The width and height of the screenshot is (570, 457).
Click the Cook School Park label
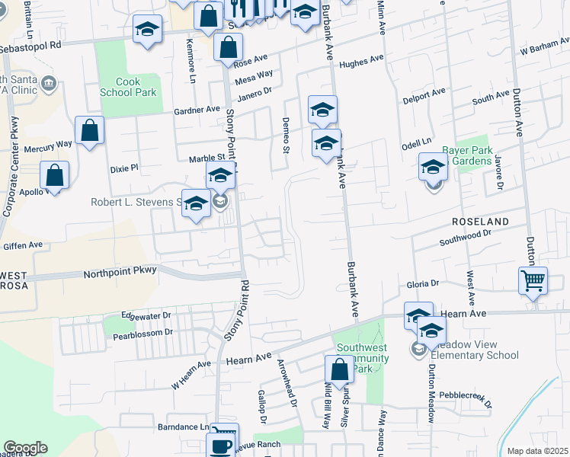click(x=127, y=87)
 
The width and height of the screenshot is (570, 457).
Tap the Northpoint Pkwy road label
click(x=120, y=270)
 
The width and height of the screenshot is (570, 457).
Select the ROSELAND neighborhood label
click(x=479, y=221)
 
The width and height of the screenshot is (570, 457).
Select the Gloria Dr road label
click(x=424, y=283)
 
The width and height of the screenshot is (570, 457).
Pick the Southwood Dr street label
click(x=472, y=238)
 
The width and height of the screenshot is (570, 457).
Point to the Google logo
click(x=25, y=448)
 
